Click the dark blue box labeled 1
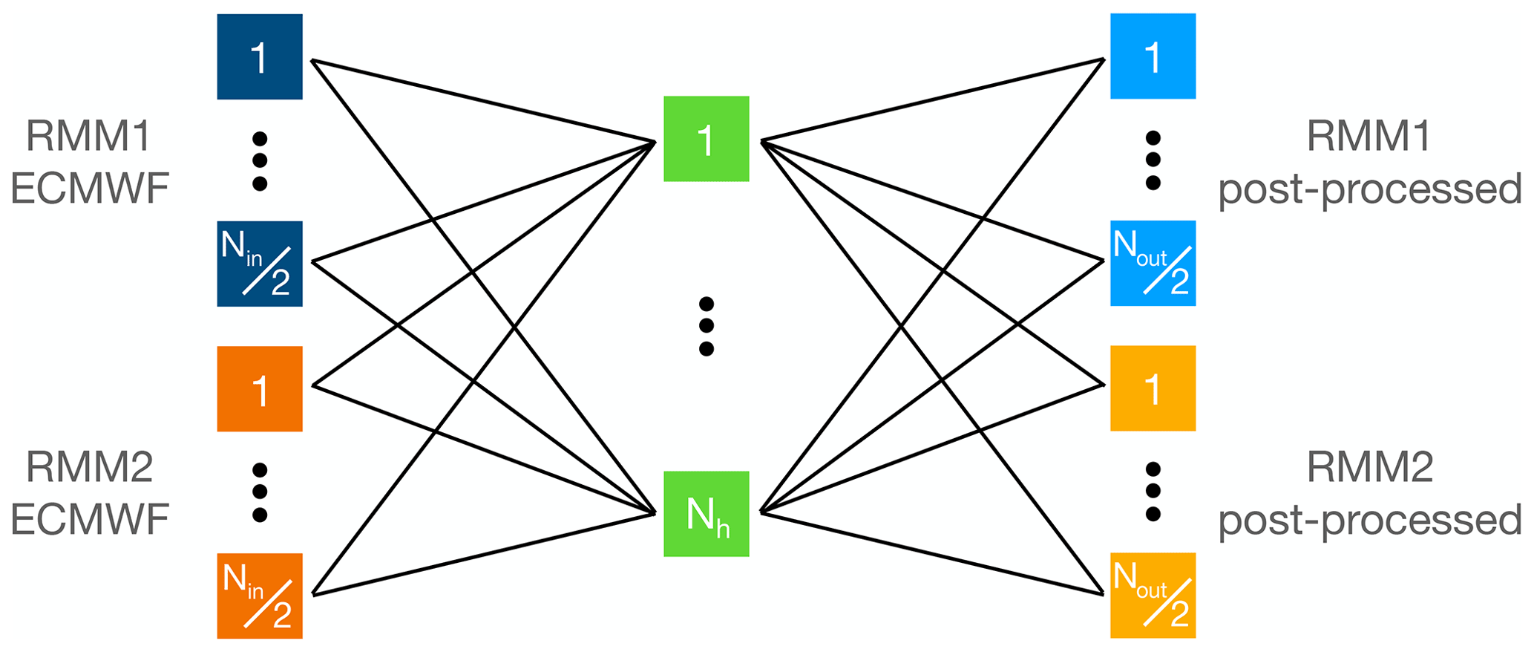pos(259,56)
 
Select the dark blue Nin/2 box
pos(259,264)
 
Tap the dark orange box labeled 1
pos(259,388)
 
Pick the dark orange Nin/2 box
pos(259,596)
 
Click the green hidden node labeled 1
pos(706,139)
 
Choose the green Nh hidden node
pos(706,514)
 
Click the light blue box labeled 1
pos(1153,56)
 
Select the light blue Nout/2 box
pos(1153,263)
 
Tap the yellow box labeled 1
pos(1153,388)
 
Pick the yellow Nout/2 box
pos(1153,595)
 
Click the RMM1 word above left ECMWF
pos(88,136)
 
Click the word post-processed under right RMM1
pos(1369,189)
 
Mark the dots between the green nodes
pos(707,326)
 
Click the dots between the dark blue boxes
pos(260,160)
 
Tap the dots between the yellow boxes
pos(1153,491)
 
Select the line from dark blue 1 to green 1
pos(482,100)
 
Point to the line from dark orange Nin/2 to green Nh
pos(482,553)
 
